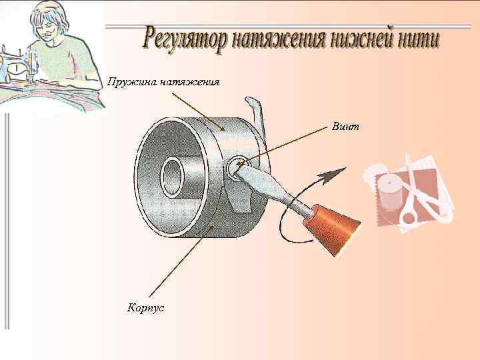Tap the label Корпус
145,307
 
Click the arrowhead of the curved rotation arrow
332,175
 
